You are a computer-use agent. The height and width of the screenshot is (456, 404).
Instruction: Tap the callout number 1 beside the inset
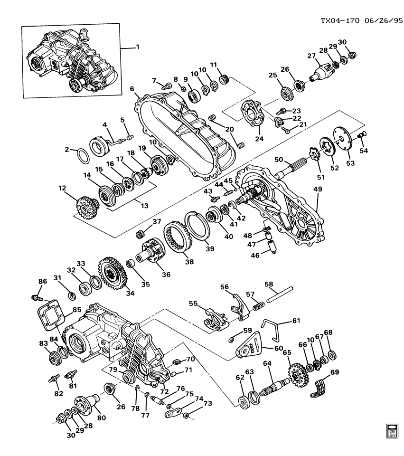(x=138, y=48)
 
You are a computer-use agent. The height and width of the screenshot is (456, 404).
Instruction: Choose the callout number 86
(x=43, y=282)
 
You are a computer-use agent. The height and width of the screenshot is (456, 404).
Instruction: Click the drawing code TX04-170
(x=336, y=21)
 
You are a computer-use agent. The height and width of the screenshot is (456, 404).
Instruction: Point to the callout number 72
(x=164, y=391)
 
